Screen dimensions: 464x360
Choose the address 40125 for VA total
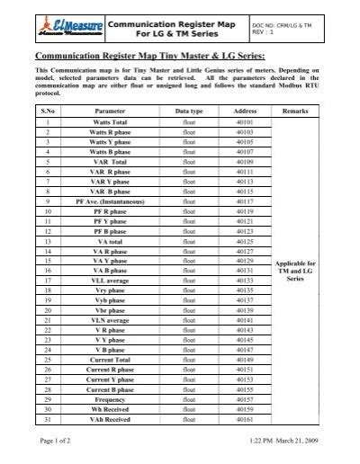coord(245,241)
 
